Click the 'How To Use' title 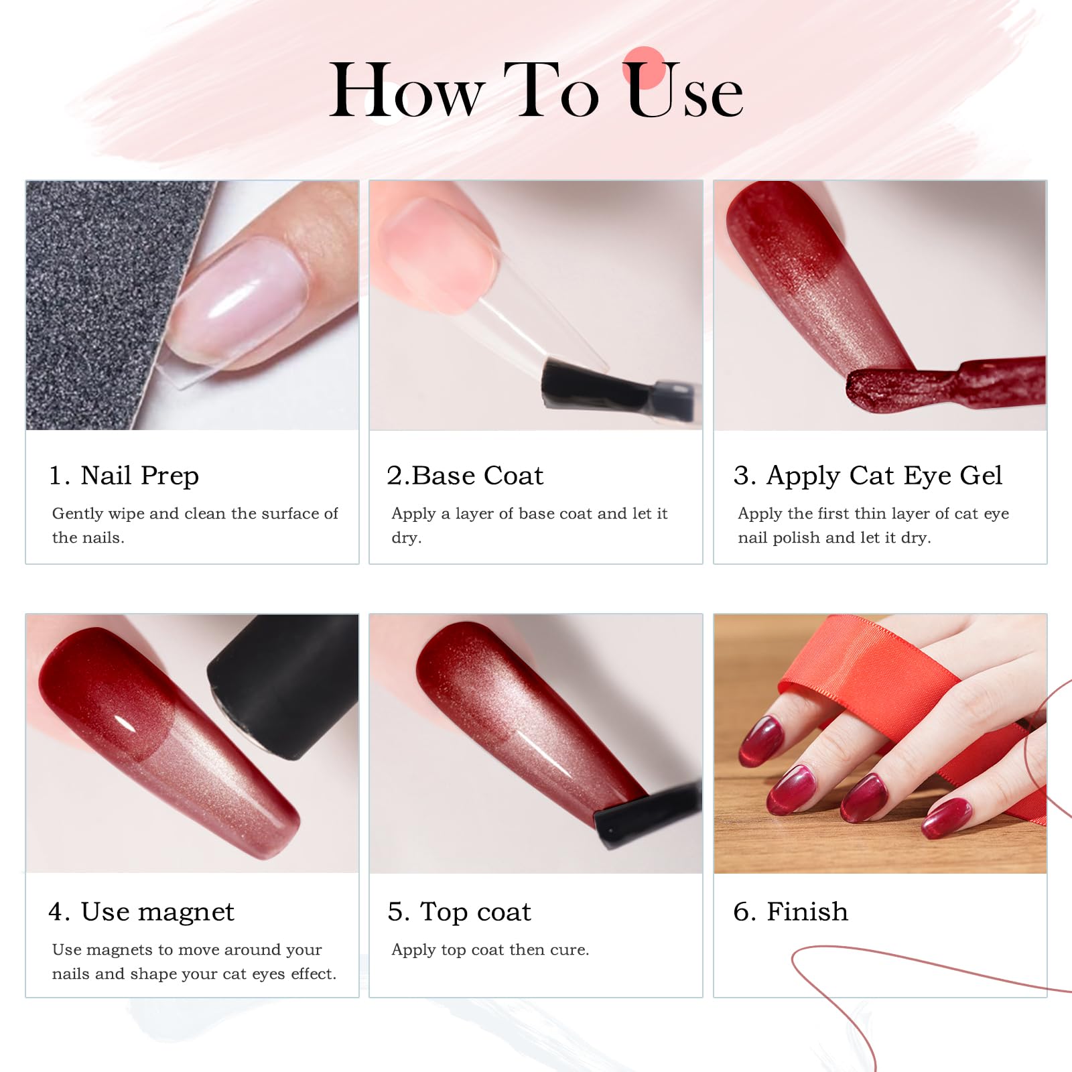click(x=536, y=90)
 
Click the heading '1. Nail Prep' click(x=124, y=476)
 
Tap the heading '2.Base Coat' click(x=465, y=476)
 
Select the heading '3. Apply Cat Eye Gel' click(x=868, y=476)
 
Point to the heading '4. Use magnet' click(x=141, y=912)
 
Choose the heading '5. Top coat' click(x=460, y=912)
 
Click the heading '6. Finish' click(x=791, y=912)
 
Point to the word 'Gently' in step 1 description click(x=77, y=514)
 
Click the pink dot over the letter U click(x=644, y=67)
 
